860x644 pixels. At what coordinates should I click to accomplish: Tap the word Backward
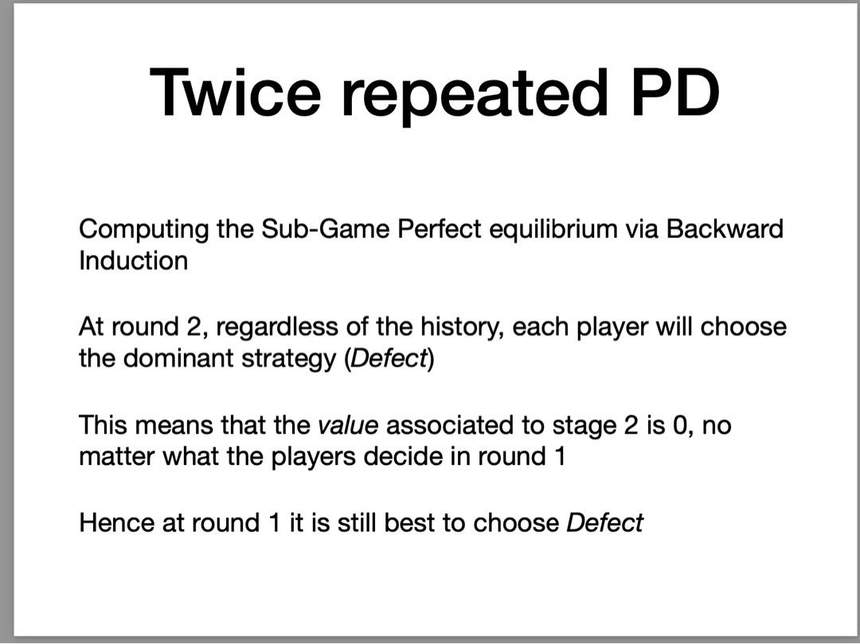coord(725,229)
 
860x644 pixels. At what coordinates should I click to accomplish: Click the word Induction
coord(133,260)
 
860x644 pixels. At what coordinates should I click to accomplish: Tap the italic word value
coord(347,425)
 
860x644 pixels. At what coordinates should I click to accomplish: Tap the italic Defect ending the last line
coord(604,523)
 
